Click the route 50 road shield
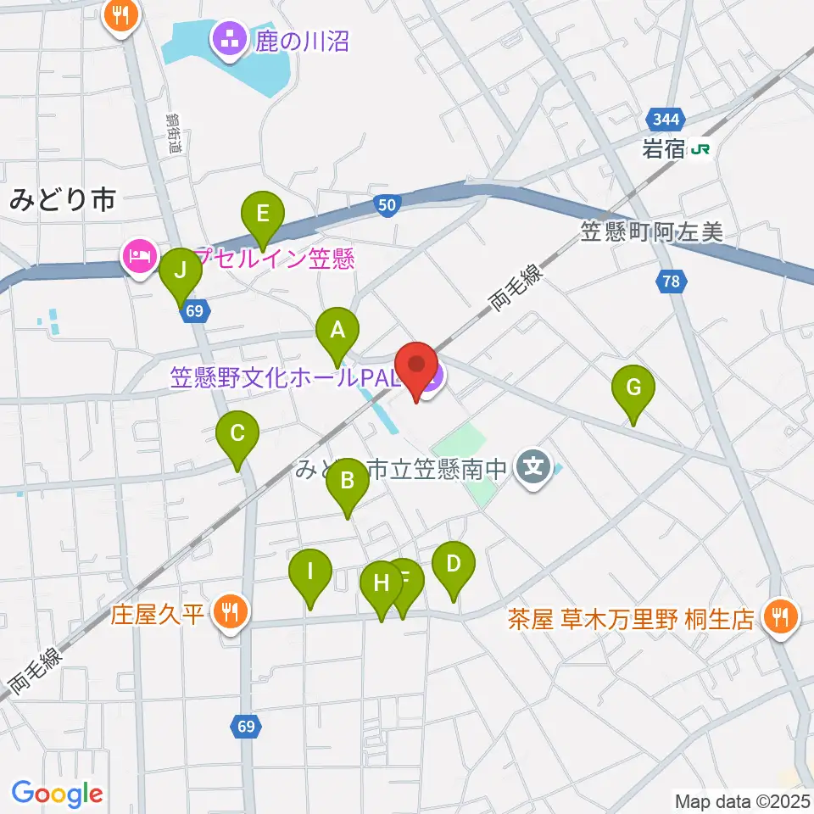(x=387, y=205)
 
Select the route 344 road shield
(x=661, y=118)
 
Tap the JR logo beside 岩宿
(x=700, y=149)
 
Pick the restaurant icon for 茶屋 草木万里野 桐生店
(x=779, y=616)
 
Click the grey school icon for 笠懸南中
(x=533, y=466)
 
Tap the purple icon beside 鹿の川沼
(x=228, y=39)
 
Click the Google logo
(x=57, y=793)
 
